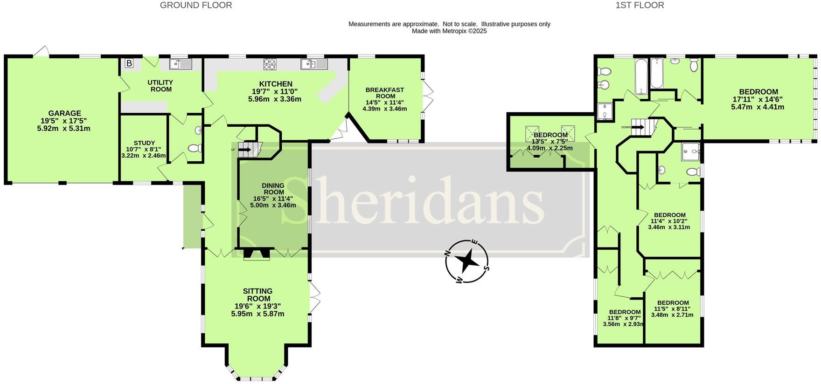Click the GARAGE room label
point(64,113)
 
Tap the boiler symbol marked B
point(129,63)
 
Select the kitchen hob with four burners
point(270,64)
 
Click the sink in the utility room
point(181,64)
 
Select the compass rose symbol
point(467,261)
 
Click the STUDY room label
point(144,143)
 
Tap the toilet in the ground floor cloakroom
point(194,148)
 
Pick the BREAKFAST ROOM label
point(384,93)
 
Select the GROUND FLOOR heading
point(196,6)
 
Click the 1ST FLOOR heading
point(640,6)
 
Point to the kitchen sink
point(314,64)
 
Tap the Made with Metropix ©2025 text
point(449,31)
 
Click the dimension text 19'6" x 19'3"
point(257,306)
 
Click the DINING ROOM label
point(273,188)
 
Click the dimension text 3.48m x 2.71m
point(672,315)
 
